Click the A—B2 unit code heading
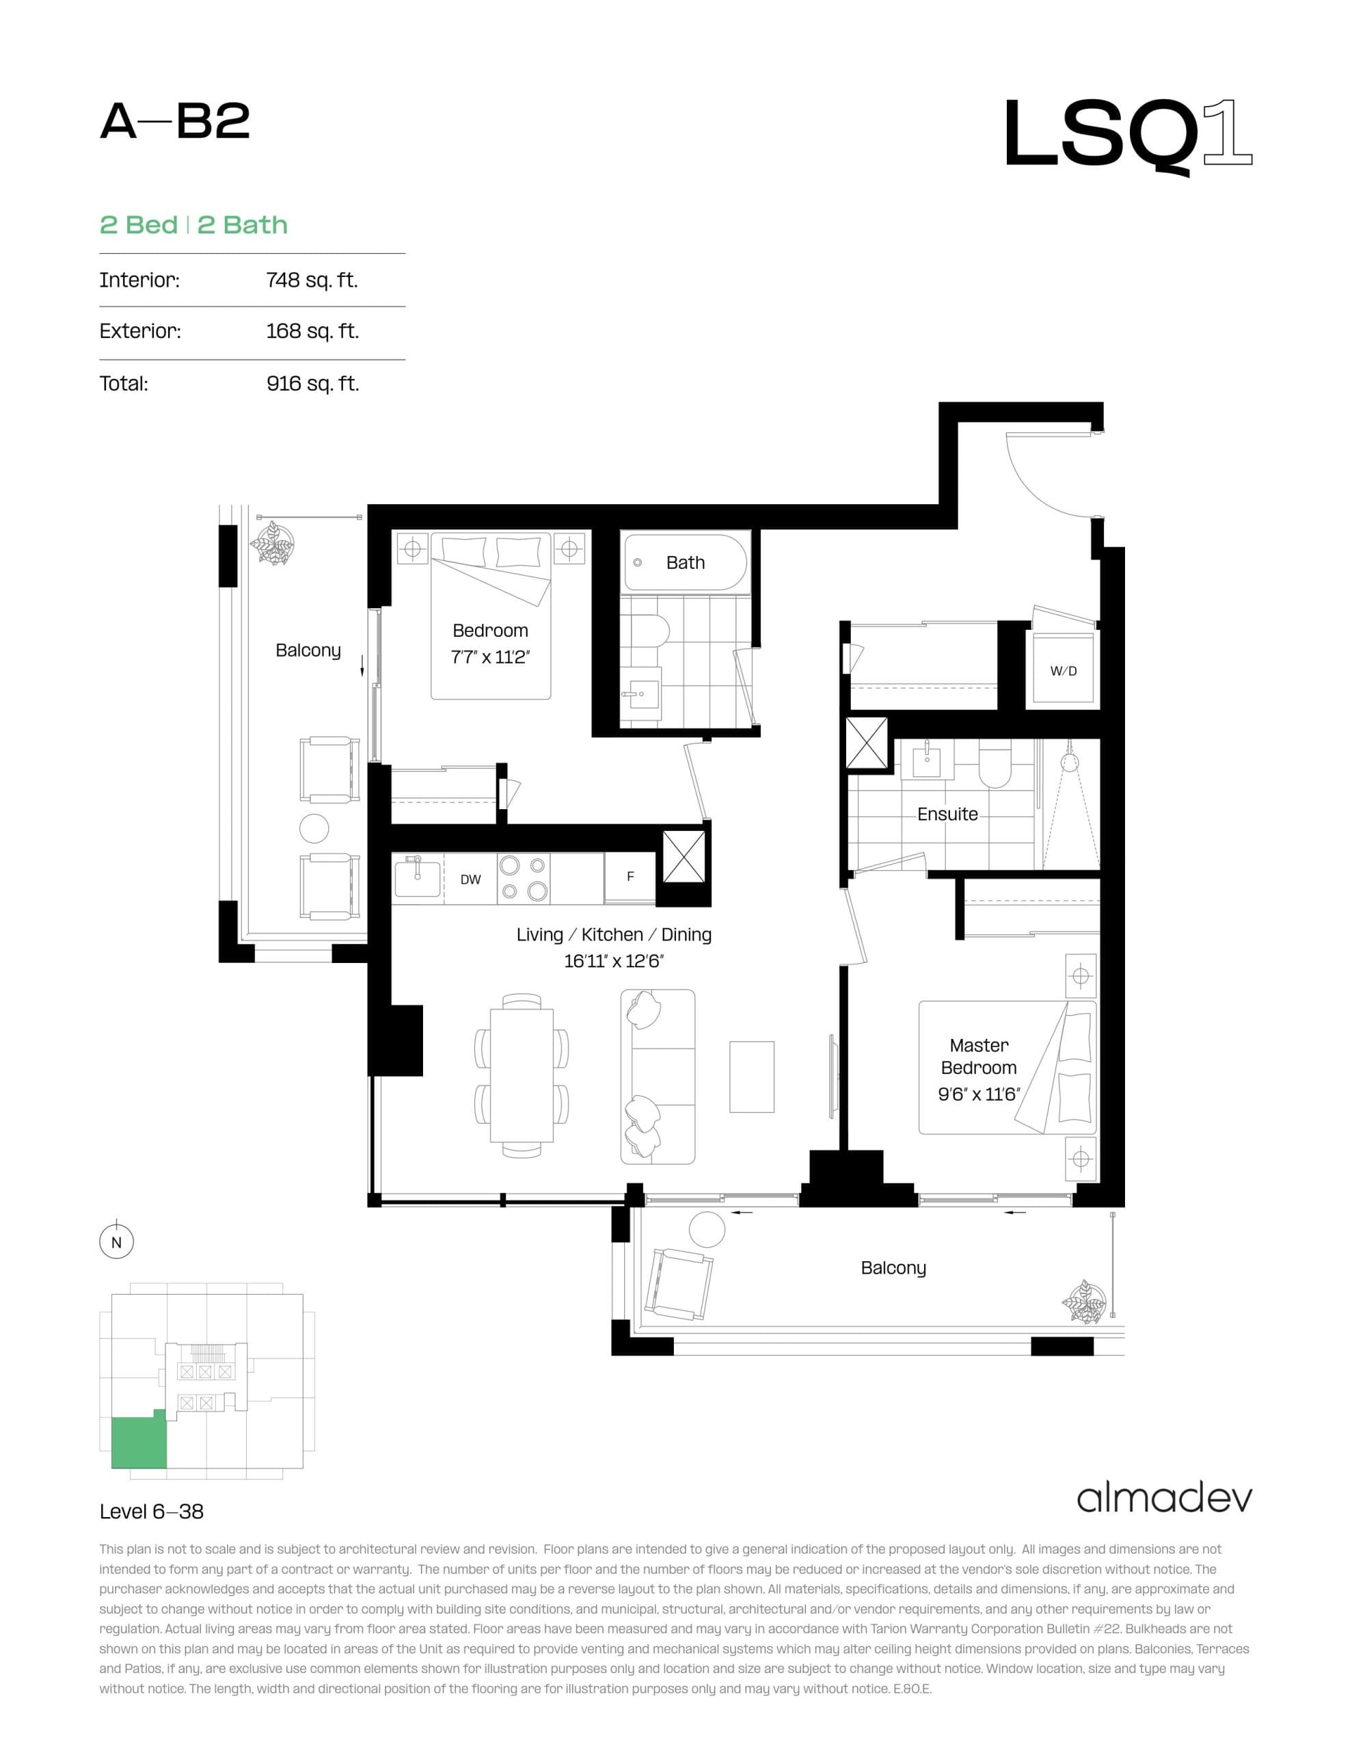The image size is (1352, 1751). [x=175, y=122]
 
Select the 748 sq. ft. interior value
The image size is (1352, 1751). [x=312, y=280]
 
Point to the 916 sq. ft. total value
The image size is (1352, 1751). [x=312, y=383]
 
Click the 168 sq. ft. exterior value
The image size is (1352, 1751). [x=312, y=331]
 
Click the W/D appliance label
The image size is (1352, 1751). [x=1063, y=670]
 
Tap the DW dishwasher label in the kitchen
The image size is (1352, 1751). [x=470, y=880]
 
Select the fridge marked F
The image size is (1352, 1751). [x=630, y=876]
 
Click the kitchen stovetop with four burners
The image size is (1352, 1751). [x=522, y=878]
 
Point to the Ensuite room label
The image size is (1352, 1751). [x=947, y=814]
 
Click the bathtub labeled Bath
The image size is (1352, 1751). [x=685, y=563]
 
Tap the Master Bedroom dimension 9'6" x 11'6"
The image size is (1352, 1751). [x=979, y=1094]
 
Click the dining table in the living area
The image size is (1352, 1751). [x=522, y=1075]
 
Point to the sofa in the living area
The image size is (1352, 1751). [x=657, y=1076]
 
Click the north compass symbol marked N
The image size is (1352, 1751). [x=116, y=1242]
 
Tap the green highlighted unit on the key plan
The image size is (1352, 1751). [x=138, y=1443]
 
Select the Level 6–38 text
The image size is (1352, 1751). [x=152, y=1512]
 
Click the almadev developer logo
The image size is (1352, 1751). [x=1163, y=1499]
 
